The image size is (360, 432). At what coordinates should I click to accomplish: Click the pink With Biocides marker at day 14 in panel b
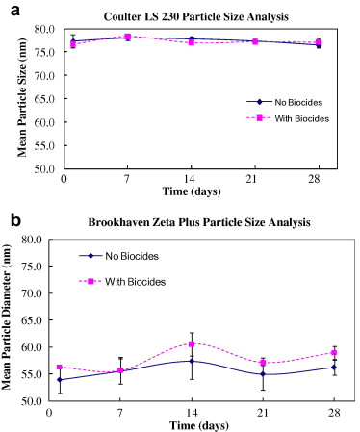193,343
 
